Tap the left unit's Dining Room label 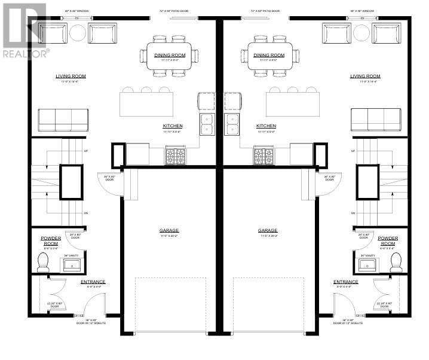pos(170,55)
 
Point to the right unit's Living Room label pos(365,76)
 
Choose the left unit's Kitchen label pos(173,126)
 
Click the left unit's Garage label pos(168,230)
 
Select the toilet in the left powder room pos(43,261)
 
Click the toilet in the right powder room pos(396,261)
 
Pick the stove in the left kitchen pos(176,156)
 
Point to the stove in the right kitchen pos(263,156)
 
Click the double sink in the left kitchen pos(207,123)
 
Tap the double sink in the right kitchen pos(232,123)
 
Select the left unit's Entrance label pos(93,282)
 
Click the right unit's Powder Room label pos(388,240)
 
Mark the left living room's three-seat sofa pos(63,120)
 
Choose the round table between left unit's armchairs pos(78,32)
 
